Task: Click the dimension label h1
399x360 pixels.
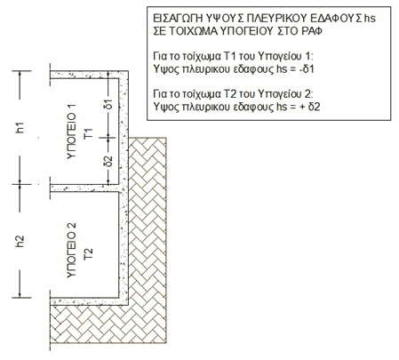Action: tap(20, 128)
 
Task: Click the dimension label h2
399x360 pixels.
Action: tap(20, 241)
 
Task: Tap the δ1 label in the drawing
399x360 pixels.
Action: tap(109, 104)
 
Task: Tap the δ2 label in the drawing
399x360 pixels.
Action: tap(109, 161)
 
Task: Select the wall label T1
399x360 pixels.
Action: tap(89, 133)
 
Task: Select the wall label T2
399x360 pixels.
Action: tap(89, 254)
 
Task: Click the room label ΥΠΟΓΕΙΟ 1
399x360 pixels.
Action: tap(72, 132)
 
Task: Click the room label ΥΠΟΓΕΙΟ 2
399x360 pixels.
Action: tap(72, 251)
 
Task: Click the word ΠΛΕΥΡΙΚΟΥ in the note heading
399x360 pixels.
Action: tap(276, 19)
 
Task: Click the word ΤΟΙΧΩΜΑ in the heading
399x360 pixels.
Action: tap(193, 31)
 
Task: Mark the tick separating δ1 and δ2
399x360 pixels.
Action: tap(108, 138)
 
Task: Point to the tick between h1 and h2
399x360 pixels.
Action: tap(20, 184)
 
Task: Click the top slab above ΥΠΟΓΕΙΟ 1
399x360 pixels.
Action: tap(89, 75)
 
